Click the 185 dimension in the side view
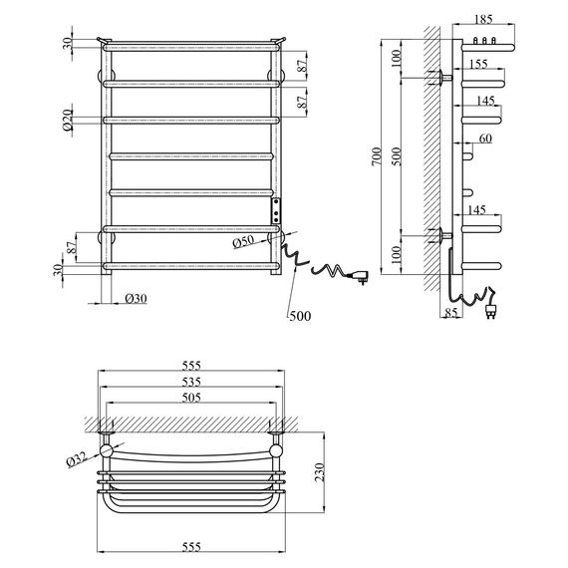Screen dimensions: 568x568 pyautogui.click(x=482, y=19)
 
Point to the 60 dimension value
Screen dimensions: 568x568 pyautogui.click(x=485, y=139)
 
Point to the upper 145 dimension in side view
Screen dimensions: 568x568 pyautogui.click(x=484, y=101)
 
